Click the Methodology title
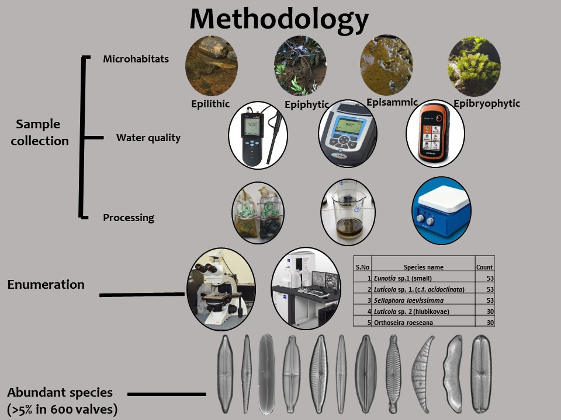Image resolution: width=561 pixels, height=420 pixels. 279,19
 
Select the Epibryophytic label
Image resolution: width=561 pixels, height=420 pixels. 486,103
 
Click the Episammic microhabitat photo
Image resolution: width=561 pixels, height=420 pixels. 386,65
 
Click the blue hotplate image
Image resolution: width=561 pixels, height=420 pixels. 441,210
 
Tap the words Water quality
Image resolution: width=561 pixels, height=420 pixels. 148,138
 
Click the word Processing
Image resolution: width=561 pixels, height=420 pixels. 129,218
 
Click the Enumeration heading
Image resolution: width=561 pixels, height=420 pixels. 46,285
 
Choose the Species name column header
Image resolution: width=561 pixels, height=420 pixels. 423,267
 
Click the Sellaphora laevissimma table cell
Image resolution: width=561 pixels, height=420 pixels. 411,300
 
